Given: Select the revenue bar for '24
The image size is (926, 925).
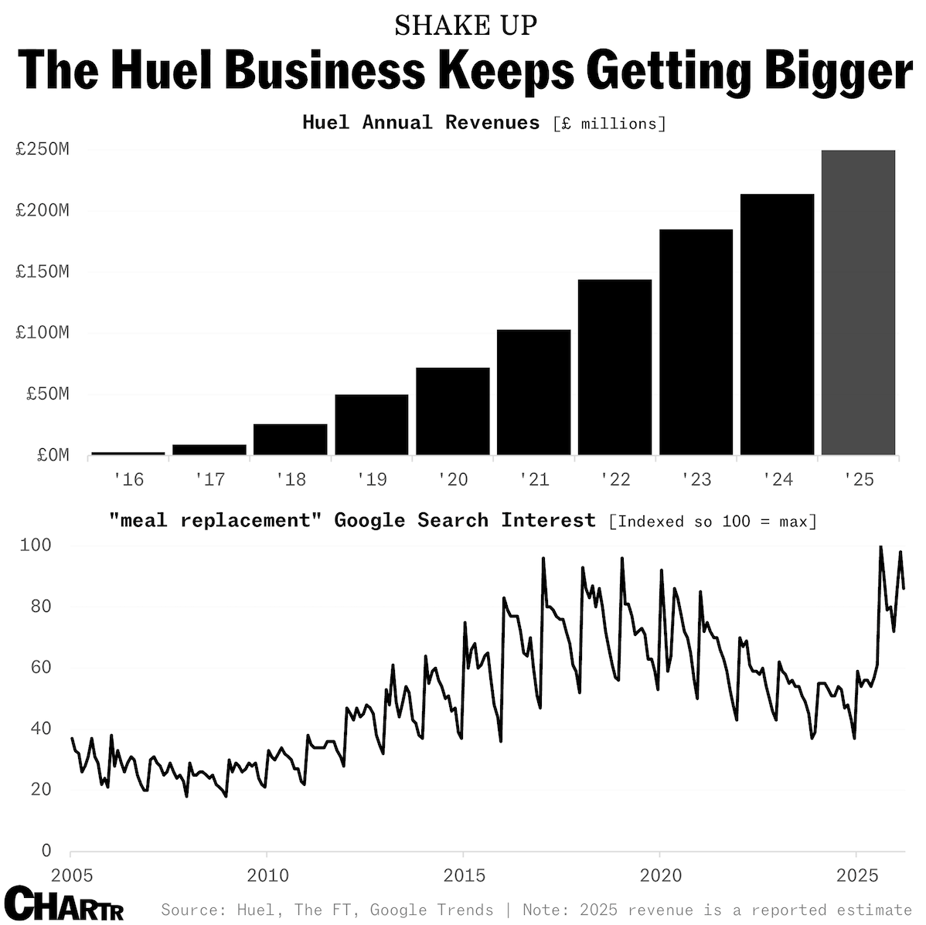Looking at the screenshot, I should pos(777,324).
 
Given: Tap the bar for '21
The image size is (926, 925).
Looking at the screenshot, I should pos(533,392).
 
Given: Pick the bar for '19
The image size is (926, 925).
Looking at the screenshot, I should pos(371,424).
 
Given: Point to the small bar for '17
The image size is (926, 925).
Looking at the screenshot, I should pos(209,449).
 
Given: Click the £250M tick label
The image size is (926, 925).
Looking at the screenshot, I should pos(43,149).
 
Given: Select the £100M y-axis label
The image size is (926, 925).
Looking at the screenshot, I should pos(43,333).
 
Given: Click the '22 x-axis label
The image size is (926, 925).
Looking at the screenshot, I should pos(615,480).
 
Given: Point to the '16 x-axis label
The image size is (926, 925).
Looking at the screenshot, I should pos(128,480).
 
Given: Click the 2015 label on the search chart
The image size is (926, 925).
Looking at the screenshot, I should pos(464,876).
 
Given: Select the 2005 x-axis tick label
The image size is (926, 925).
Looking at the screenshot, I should pos(71,876).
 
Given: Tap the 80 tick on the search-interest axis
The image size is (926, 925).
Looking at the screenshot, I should pos(41,607).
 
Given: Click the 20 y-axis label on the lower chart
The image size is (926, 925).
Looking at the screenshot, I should pos(41,790).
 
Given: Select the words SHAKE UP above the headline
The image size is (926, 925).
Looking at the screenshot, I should pos(465,26).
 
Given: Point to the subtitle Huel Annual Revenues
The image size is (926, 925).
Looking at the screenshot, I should pos(420,122).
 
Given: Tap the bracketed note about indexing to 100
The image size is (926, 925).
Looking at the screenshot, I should pos(713,521).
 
